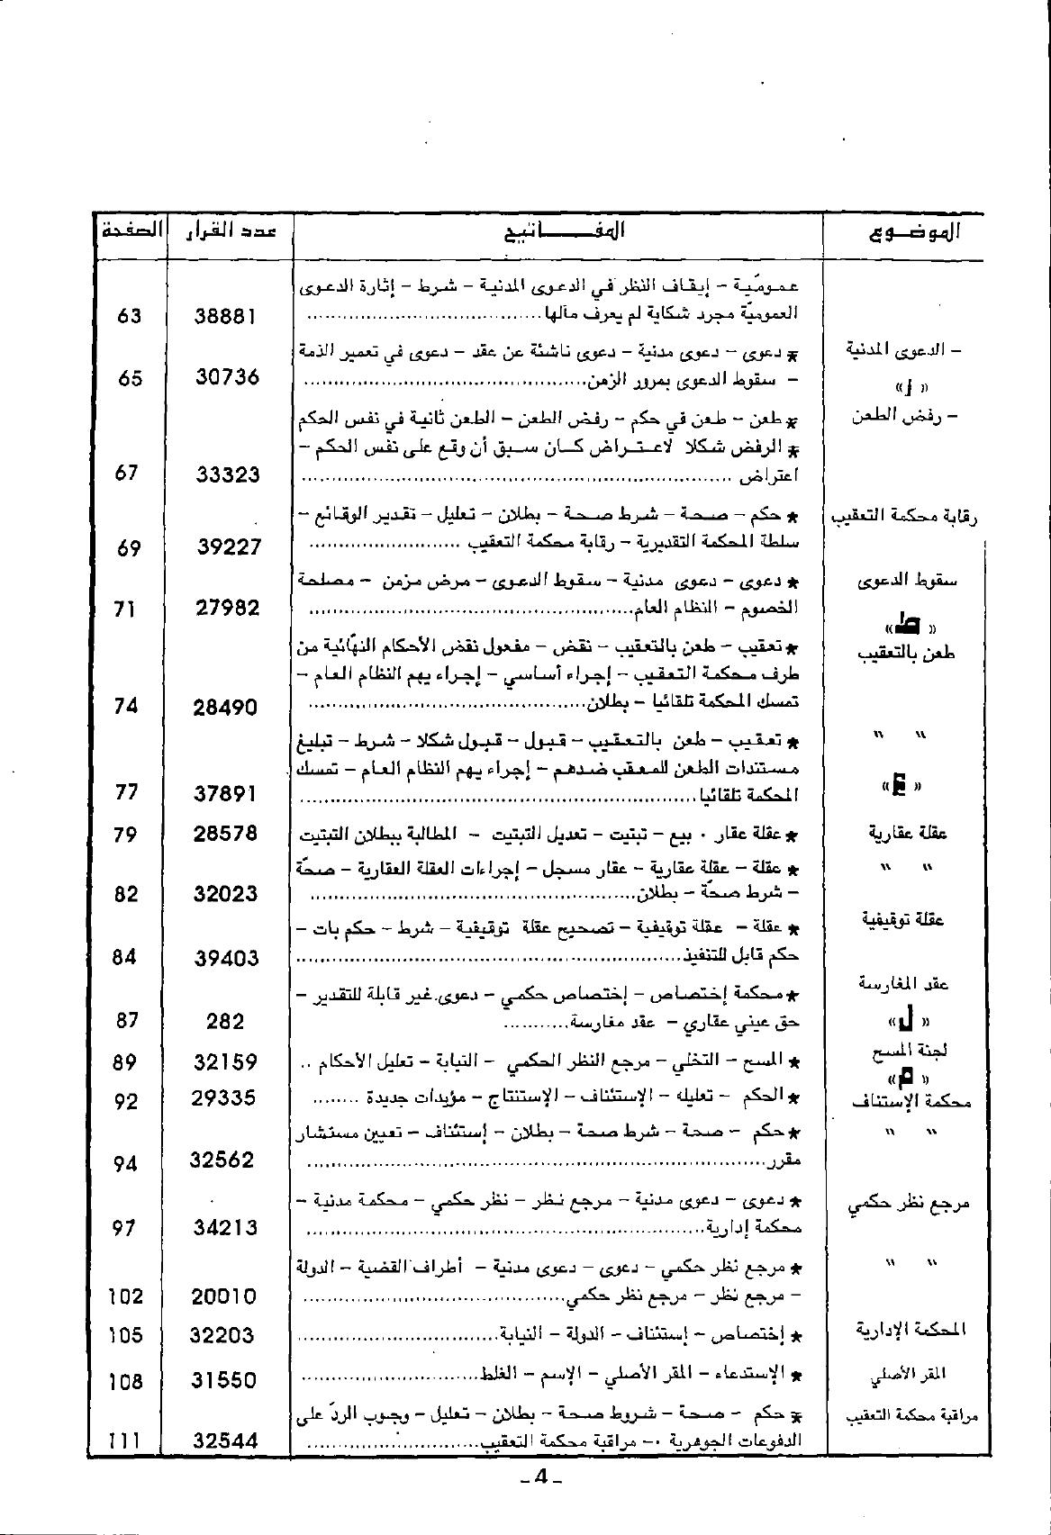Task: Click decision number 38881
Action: tap(226, 316)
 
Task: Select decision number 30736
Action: tap(227, 377)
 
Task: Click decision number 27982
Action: tap(227, 608)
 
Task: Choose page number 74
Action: tap(126, 707)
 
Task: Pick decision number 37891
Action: tap(225, 793)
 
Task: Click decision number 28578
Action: tap(225, 834)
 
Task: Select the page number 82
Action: tap(126, 894)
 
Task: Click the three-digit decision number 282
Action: tap(225, 1021)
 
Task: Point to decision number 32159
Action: tap(225, 1062)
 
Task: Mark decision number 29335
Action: tap(225, 1098)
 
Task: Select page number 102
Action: tap(125, 1296)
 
